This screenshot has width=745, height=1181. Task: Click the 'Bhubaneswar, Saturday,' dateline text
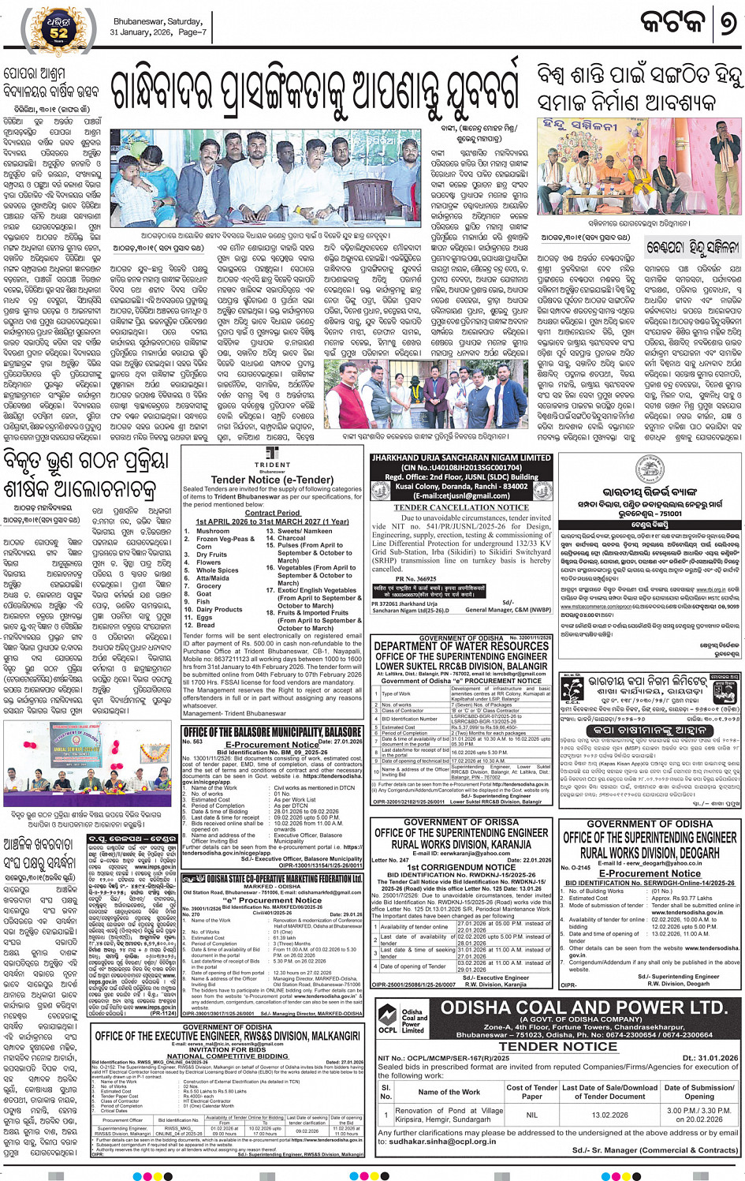158,21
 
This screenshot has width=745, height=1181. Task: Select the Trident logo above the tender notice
272,457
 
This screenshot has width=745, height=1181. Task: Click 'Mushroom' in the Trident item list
213,531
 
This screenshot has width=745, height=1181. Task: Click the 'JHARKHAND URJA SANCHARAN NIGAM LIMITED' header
461,458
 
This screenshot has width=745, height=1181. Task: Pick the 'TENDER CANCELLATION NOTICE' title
461,507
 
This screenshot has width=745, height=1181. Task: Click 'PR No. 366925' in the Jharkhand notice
415,579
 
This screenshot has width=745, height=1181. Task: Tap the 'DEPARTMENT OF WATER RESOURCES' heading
461,646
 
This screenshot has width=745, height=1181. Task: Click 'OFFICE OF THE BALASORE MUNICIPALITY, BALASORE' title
273,732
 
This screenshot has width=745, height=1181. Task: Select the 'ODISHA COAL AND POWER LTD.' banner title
583,1008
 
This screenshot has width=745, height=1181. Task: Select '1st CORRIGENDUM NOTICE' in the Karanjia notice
461,867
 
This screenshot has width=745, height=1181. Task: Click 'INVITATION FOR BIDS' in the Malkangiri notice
228,1049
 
